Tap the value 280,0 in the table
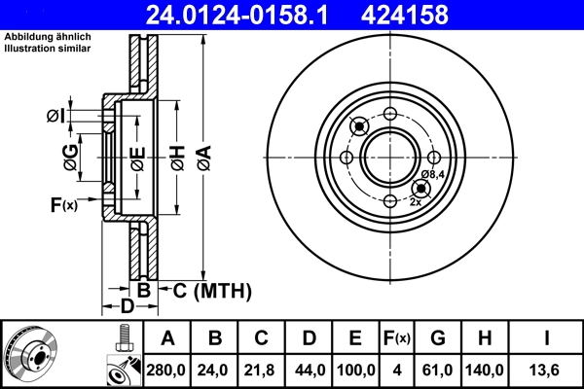166,371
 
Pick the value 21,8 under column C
262,371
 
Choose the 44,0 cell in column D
309,371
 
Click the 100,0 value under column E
355,371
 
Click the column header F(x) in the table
396,338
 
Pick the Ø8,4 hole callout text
433,175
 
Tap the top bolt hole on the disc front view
389,113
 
